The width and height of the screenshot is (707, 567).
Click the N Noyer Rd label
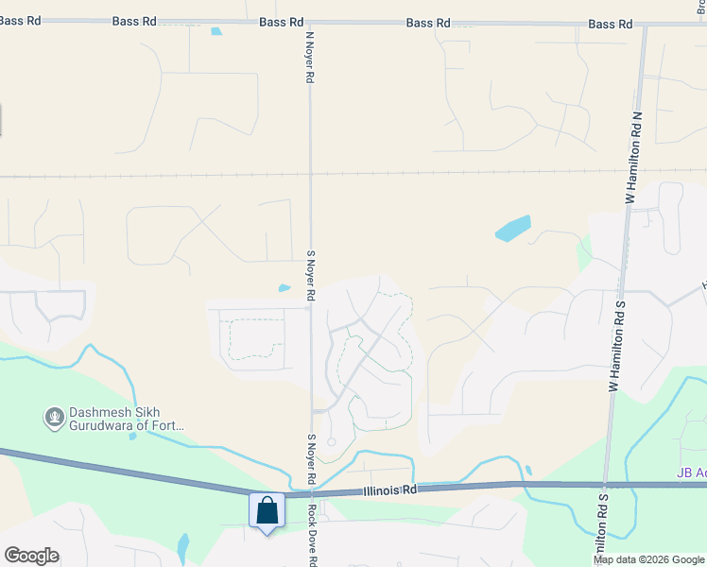309,57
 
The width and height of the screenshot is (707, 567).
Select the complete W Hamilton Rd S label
617,346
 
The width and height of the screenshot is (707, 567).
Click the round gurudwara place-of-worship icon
54,416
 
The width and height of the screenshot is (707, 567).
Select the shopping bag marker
267,511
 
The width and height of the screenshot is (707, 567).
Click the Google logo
31,556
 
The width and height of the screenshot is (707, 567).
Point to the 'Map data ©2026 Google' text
647,559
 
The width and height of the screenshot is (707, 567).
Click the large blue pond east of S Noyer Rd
512,229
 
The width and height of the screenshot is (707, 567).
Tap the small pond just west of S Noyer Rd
285,288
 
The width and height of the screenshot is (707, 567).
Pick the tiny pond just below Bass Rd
216,31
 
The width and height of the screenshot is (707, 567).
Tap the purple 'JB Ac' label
691,472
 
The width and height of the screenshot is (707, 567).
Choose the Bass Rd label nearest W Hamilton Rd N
610,24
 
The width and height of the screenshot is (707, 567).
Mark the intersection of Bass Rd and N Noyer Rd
309,22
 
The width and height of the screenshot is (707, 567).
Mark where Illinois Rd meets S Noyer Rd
313,493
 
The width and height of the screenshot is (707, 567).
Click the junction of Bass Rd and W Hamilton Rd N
645,24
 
